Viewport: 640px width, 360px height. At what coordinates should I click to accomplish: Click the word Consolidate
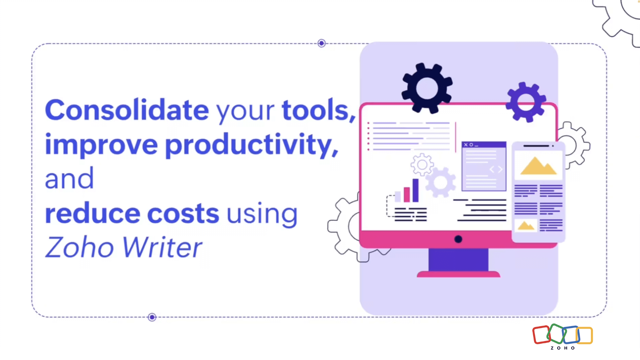[127, 110]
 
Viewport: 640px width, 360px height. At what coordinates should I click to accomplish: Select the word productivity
[252, 145]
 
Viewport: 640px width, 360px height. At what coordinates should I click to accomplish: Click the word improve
[101, 145]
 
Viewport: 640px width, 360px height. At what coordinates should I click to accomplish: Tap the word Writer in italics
[162, 247]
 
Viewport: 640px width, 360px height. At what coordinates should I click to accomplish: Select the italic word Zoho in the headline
[79, 247]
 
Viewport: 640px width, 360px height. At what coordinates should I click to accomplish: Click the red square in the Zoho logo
[541, 335]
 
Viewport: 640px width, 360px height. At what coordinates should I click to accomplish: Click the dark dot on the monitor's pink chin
[458, 239]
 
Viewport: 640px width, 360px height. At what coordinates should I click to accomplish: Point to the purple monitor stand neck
[458, 260]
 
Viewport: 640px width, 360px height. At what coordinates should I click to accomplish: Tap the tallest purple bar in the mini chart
[415, 190]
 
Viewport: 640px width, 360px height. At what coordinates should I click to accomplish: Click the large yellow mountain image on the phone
[538, 166]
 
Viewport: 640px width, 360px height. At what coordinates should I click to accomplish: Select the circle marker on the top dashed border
[322, 43]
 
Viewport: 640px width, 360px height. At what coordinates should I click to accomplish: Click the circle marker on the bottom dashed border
[152, 317]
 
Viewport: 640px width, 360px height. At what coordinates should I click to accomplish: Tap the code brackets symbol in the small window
[496, 170]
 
